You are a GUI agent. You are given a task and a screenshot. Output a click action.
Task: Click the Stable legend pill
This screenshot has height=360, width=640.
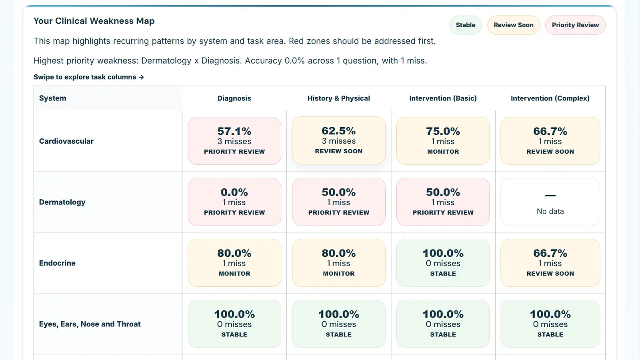coord(466,25)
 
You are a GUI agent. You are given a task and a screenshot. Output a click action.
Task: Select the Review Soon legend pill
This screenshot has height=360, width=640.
coord(514,25)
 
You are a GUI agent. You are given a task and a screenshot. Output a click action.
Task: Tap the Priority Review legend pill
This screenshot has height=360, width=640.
coord(575,25)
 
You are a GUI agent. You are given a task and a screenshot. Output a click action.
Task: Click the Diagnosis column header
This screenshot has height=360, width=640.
coord(234,98)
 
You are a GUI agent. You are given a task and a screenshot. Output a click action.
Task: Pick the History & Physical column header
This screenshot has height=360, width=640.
coord(339,98)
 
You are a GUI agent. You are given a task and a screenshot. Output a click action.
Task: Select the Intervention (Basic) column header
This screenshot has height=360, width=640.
coord(443,98)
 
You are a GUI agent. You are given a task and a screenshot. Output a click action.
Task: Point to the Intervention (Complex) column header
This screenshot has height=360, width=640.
coord(550,98)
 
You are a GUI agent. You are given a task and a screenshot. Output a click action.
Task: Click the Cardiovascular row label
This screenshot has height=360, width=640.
coord(66,141)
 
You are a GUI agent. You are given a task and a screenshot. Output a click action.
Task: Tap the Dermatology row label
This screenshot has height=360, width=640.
coord(62,202)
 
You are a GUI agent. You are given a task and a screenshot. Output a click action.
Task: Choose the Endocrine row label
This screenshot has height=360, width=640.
coord(57,263)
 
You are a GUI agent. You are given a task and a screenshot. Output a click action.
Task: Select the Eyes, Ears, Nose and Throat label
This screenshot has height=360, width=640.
coord(90,324)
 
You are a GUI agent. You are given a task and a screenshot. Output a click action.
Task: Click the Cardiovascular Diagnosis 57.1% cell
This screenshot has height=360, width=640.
coord(234,141)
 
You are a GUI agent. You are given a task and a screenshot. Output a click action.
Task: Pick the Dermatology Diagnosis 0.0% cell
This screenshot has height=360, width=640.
coord(234,202)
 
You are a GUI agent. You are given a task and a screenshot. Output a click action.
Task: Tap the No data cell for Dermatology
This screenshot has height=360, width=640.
coord(550,202)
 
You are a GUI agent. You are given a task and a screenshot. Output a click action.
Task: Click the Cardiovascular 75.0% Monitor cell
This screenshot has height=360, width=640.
coord(443,141)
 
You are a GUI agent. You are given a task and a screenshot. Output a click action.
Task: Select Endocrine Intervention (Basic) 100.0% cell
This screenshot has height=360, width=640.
coord(443,263)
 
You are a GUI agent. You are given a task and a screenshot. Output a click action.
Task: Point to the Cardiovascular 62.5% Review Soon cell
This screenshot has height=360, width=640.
coord(339,140)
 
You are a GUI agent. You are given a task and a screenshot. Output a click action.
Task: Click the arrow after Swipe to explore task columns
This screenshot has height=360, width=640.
coord(141,77)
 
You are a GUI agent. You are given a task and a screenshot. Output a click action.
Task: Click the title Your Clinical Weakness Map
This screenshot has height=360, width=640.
coord(94,21)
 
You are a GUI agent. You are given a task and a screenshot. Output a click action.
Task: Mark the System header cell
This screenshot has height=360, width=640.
coord(53,98)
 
